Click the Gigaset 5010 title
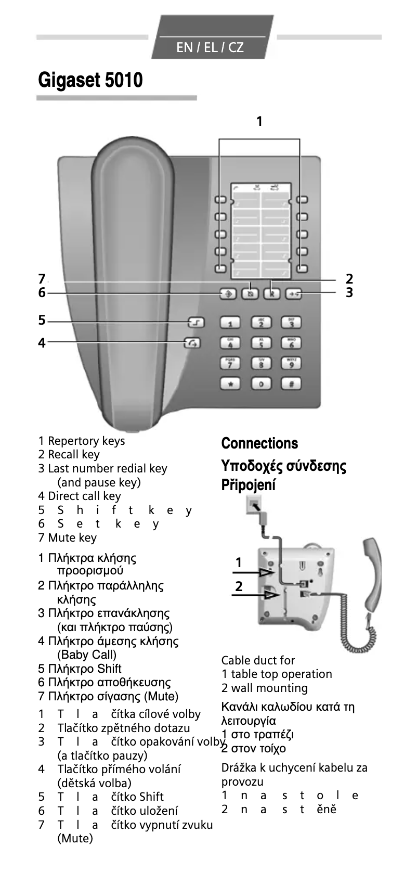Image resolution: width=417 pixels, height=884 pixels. (90, 80)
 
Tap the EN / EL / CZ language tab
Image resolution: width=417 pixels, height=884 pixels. (210, 47)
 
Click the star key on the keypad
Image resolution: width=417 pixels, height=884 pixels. (230, 384)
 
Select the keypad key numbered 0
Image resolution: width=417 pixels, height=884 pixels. (261, 384)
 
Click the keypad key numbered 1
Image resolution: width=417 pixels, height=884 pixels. (230, 324)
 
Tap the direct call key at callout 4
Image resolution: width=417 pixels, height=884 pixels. (192, 343)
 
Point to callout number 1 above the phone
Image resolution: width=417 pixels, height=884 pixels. (259, 122)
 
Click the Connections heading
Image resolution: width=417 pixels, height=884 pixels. (259, 443)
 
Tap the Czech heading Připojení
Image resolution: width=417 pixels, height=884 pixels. (249, 485)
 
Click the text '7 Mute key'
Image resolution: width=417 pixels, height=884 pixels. (68, 537)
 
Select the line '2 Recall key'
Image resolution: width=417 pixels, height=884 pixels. (69, 454)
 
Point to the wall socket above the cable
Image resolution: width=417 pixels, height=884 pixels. (255, 505)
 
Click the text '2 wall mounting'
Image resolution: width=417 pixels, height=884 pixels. (264, 688)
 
